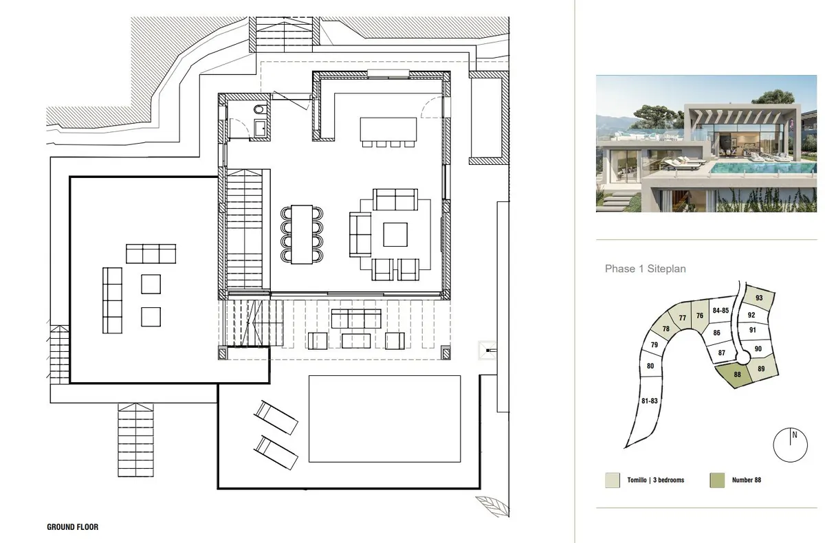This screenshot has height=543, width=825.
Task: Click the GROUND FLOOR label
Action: [73, 527]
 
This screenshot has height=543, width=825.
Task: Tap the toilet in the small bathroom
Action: [259, 109]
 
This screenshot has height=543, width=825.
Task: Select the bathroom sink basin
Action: [261, 128]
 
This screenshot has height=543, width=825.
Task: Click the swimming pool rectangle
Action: [384, 419]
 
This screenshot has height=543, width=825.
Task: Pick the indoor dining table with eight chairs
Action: [302, 234]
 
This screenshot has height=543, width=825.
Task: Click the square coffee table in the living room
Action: [395, 234]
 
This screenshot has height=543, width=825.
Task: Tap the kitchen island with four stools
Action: [388, 132]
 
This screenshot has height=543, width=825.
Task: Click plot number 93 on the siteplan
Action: [758, 299]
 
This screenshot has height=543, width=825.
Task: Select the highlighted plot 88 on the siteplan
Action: [737, 375]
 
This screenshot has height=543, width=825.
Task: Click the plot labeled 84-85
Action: [720, 311]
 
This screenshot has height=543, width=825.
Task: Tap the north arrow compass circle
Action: [791, 445]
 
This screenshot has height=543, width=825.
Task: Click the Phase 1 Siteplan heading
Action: [646, 269]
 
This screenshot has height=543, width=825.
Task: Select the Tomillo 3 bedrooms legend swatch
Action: [612, 480]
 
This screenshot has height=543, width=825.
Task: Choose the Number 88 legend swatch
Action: [716, 480]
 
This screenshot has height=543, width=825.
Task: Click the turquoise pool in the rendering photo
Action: [762, 168]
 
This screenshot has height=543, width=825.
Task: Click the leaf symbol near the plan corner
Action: [492, 505]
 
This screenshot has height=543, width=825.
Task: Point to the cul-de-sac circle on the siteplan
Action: [743, 356]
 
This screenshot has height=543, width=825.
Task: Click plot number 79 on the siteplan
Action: [654, 344]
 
